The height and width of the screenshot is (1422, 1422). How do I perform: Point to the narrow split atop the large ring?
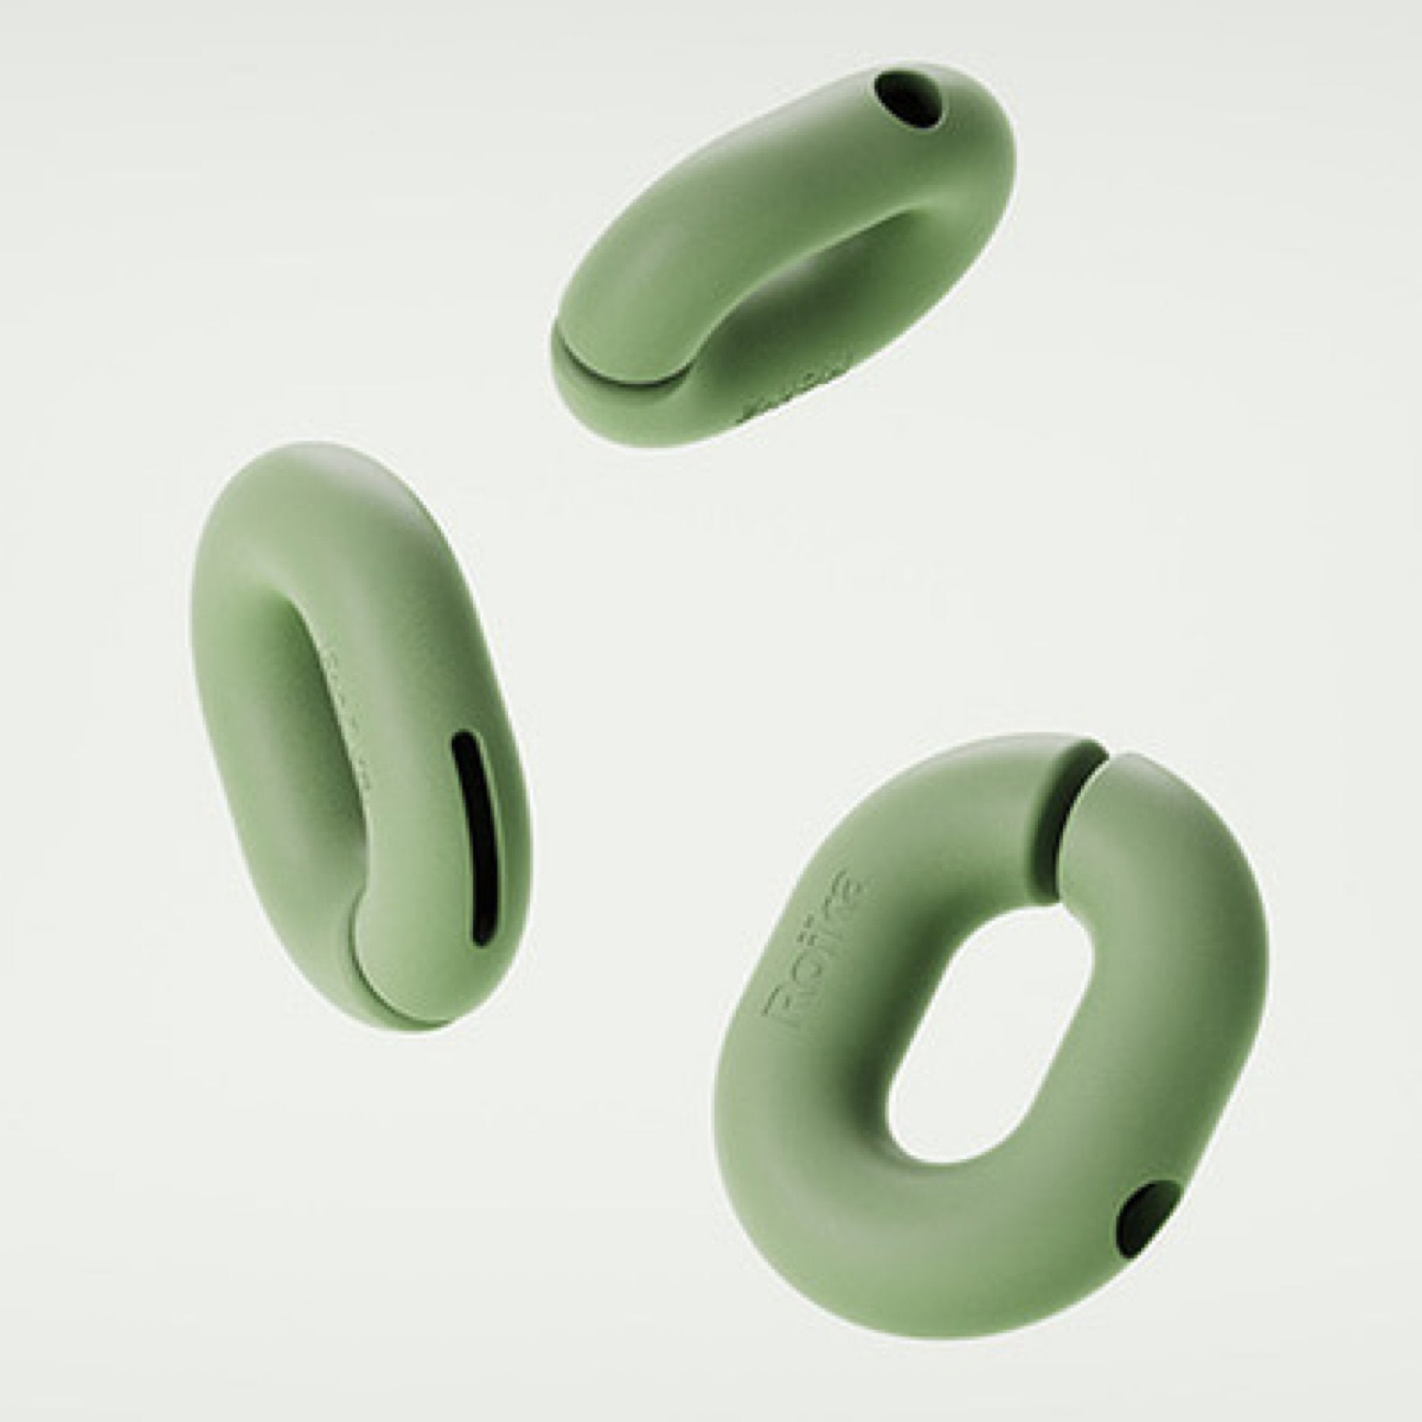point(1082,773)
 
